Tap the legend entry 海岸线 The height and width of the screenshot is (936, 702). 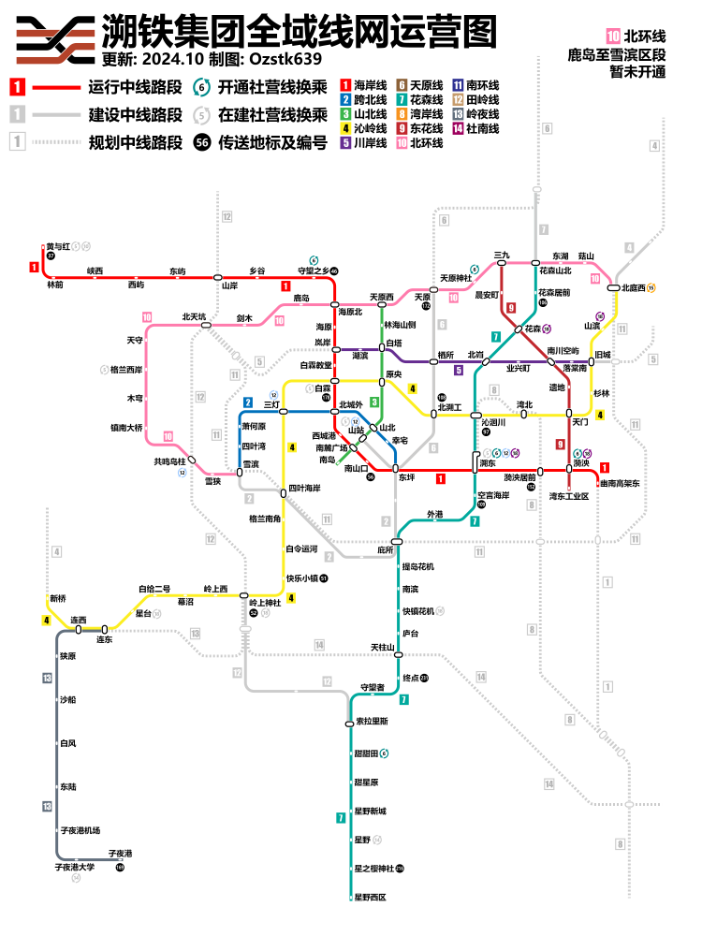coord(371,86)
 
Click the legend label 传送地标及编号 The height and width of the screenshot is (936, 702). coord(272,143)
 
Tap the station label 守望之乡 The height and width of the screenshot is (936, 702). coord(313,271)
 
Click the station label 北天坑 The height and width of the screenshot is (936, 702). coord(193,316)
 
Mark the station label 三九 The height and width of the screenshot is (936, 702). coord(502,255)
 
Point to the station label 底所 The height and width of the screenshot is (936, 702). coord(385,549)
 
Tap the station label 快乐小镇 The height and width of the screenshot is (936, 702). coord(301,578)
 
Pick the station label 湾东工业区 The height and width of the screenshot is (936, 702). coord(569,496)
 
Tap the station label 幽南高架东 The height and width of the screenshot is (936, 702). coord(620,484)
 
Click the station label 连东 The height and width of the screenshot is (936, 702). coord(105,639)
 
